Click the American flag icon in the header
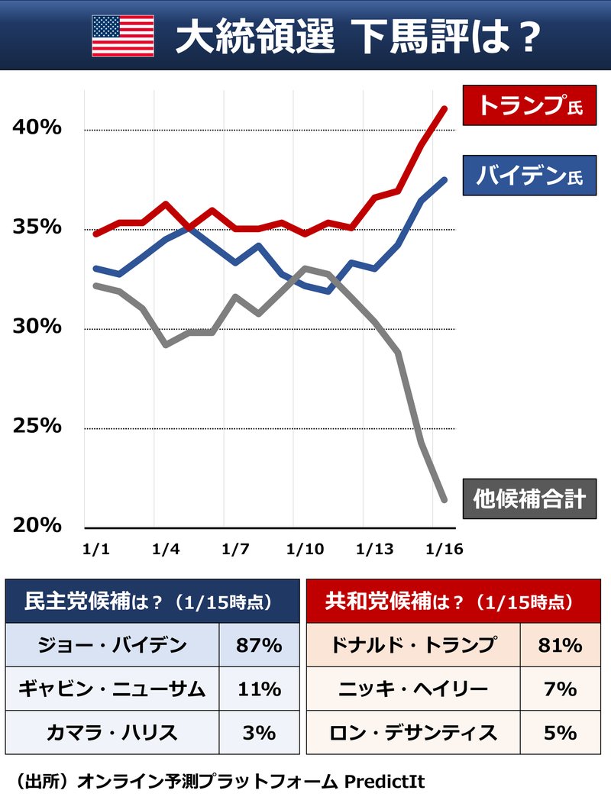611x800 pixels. [123, 36]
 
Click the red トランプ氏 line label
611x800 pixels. [529, 106]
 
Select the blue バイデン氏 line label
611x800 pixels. [529, 176]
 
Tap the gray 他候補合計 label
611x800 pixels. [529, 499]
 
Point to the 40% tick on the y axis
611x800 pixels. [37, 128]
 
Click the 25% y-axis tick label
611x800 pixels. [37, 426]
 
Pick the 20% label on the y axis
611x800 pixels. [37, 525]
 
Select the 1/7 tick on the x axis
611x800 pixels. [234, 549]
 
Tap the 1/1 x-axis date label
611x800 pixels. [95, 549]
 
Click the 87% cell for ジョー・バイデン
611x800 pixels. [259, 645]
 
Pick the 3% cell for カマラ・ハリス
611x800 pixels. [259, 733]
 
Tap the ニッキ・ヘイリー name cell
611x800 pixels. [413, 689]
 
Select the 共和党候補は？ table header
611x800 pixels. [451, 601]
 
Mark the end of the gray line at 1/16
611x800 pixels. [445, 500]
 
